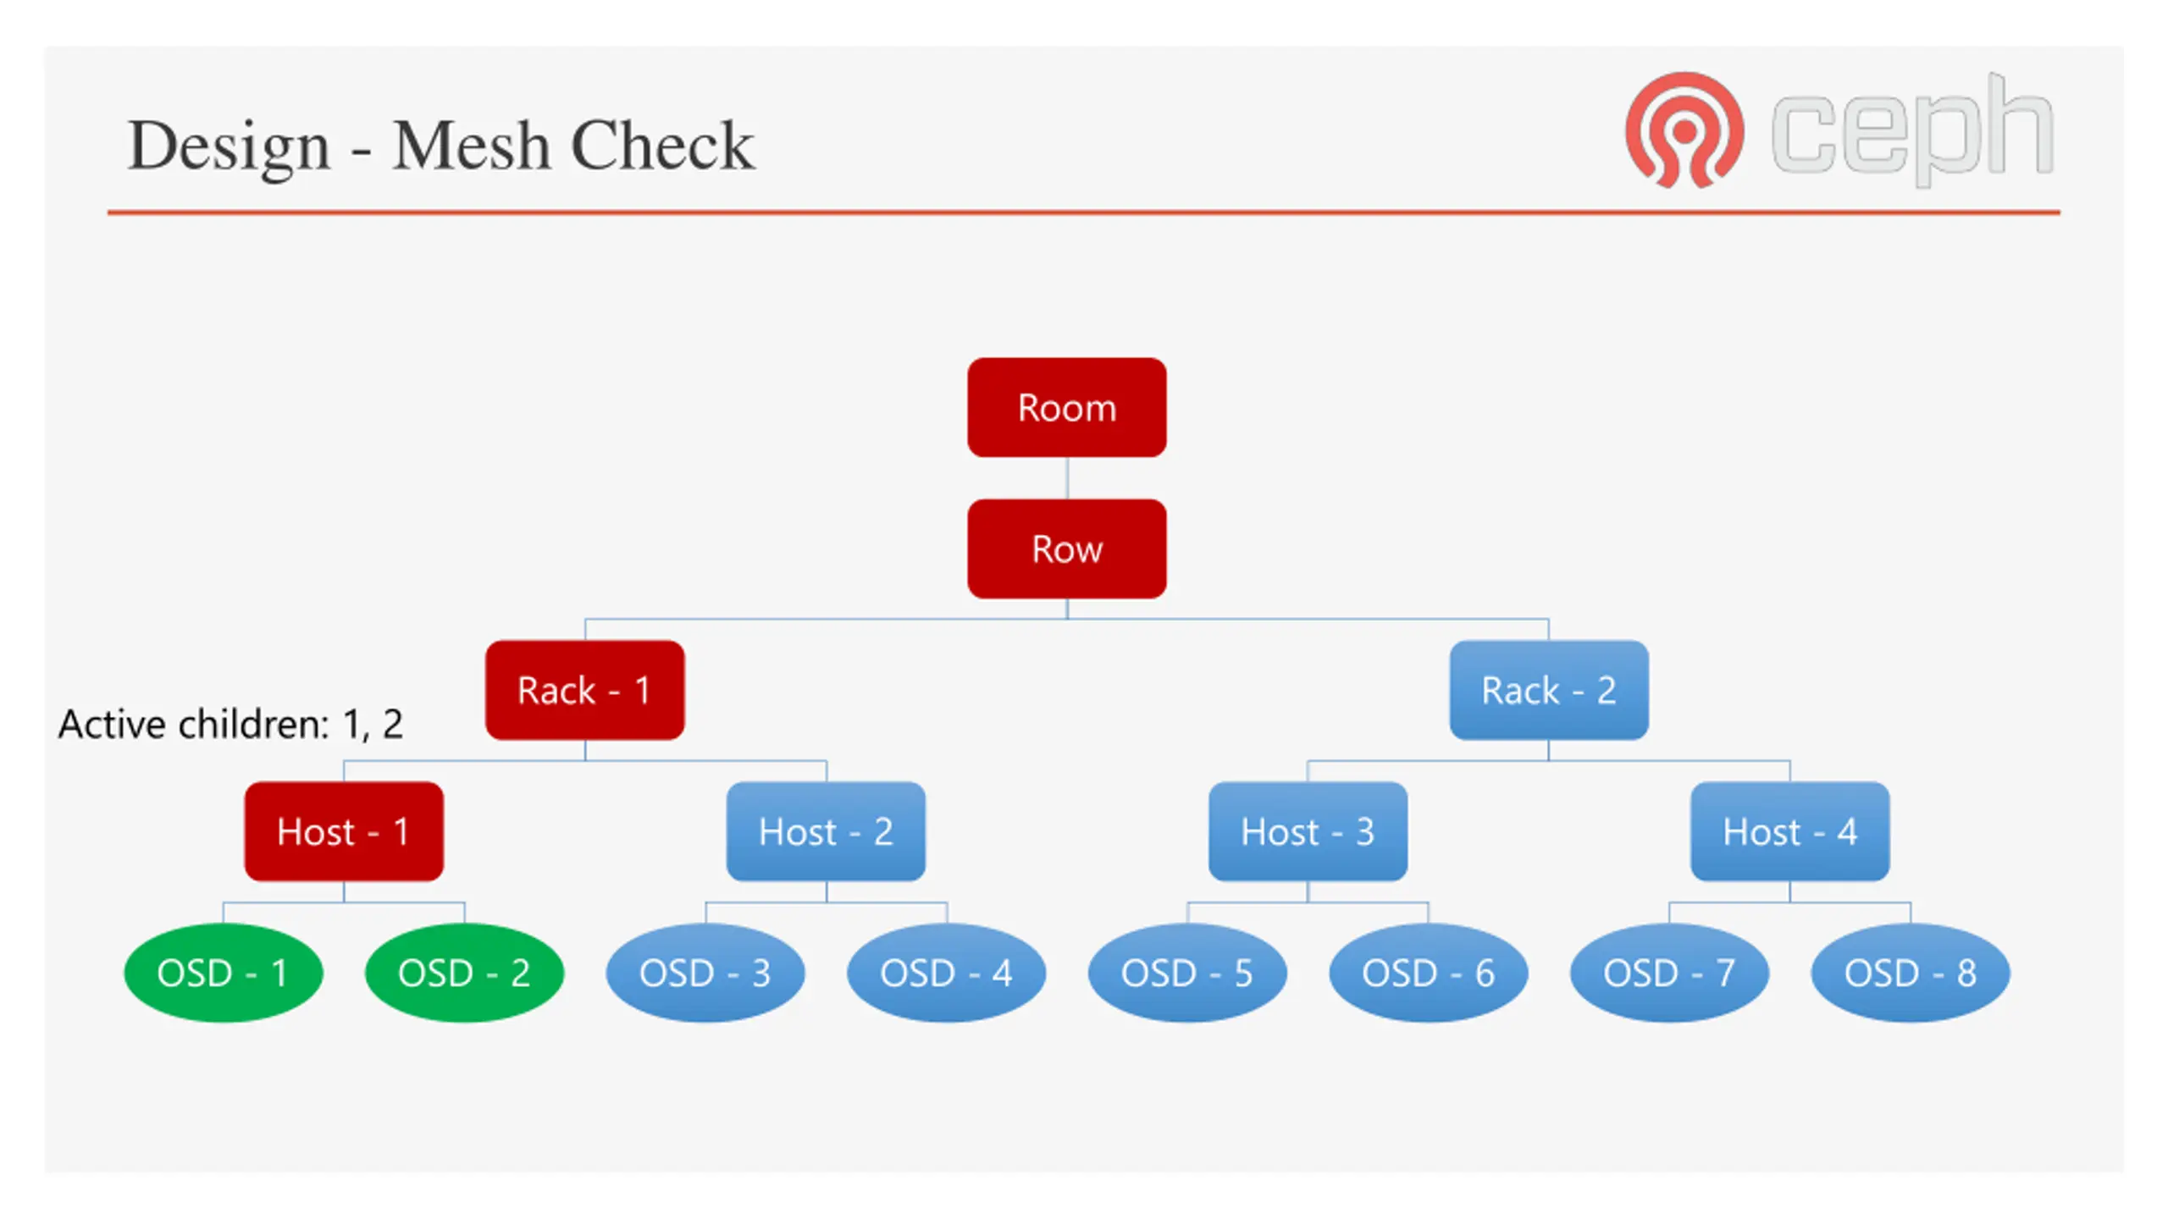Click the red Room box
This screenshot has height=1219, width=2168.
point(1066,407)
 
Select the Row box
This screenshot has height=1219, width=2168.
point(1066,549)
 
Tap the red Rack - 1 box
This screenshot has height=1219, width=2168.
point(584,690)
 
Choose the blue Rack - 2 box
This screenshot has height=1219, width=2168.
point(1549,690)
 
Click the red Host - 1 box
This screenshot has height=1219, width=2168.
point(344,831)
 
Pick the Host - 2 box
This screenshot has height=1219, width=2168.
point(826,831)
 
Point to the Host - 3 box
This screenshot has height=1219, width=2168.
point(1308,831)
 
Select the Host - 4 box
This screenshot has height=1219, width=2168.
point(1789,831)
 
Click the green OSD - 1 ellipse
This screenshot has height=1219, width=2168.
point(224,973)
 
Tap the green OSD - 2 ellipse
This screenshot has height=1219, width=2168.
point(464,973)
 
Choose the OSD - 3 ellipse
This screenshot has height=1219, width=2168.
point(705,973)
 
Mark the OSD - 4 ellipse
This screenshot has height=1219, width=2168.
point(946,973)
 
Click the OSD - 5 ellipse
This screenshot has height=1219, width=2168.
point(1187,973)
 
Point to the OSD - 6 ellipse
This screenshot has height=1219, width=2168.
point(1429,973)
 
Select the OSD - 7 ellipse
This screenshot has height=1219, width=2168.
point(1669,973)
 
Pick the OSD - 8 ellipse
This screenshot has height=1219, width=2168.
point(1911,973)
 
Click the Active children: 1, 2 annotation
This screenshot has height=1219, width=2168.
point(230,725)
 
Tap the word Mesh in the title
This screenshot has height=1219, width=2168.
point(471,146)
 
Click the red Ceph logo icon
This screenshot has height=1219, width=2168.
point(1684,130)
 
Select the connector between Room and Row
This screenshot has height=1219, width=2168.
point(1067,478)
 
